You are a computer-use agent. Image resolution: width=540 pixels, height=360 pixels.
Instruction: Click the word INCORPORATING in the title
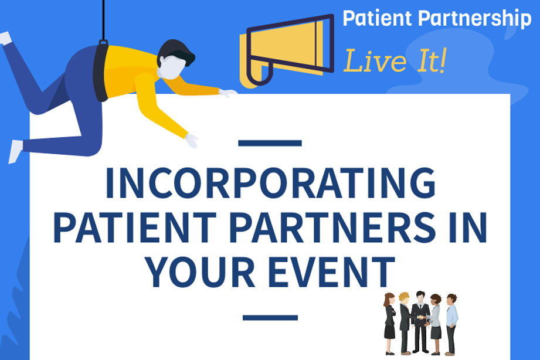(270, 184)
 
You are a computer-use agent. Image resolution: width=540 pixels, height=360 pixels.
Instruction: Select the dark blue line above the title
(270, 143)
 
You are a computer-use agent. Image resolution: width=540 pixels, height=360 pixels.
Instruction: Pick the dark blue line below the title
(270, 317)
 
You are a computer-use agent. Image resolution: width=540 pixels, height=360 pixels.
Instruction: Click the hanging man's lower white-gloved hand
(191, 141)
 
